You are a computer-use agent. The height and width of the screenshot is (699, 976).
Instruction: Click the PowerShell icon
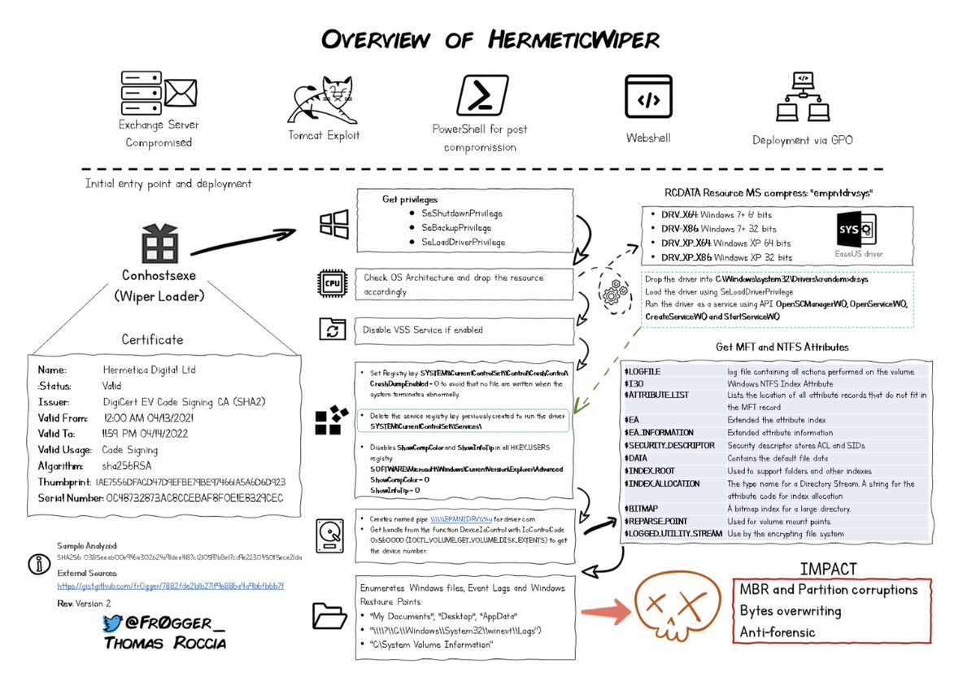coord(480,97)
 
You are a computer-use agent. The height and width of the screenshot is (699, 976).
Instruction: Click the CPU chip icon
coord(333,284)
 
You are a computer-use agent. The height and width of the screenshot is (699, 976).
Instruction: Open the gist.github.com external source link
coord(171,586)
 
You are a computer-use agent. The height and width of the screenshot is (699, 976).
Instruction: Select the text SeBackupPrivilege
coord(455,227)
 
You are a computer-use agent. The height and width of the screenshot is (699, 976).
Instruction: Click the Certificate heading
coord(152,339)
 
